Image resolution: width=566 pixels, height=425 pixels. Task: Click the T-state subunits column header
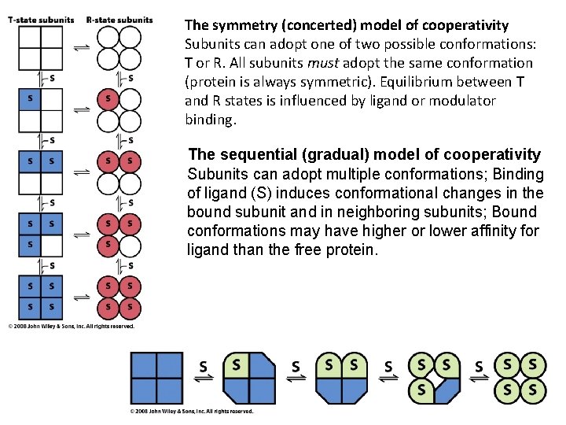(x=41, y=20)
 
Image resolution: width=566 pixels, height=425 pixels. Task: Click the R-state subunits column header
(x=119, y=20)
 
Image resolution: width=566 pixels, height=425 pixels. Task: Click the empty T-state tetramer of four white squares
(x=41, y=48)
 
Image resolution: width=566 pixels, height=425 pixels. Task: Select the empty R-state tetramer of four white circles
(x=119, y=48)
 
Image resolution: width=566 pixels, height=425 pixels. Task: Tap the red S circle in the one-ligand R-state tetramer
(x=108, y=99)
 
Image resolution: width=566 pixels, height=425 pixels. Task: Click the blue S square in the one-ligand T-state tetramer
(x=31, y=99)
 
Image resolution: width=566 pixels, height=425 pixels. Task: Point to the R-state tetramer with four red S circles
(x=119, y=295)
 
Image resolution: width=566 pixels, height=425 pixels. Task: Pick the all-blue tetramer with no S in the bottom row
(x=157, y=379)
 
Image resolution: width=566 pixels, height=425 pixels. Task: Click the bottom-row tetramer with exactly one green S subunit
(x=251, y=379)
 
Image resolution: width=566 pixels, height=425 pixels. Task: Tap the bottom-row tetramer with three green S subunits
(x=435, y=379)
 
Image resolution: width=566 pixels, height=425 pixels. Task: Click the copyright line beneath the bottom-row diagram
(x=192, y=412)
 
